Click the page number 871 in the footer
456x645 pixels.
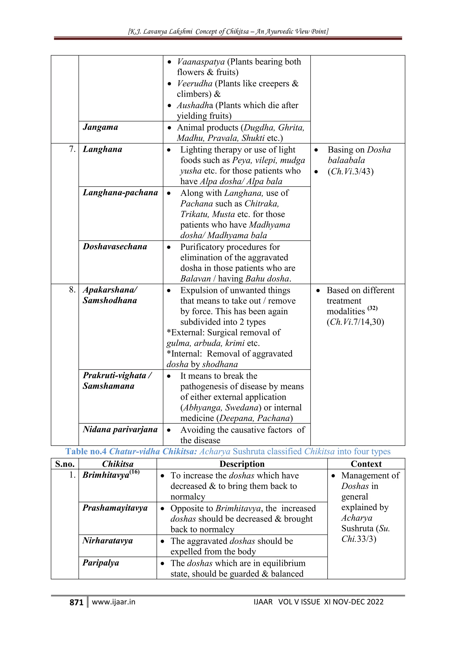[x=76, y=602]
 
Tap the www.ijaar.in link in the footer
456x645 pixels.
[x=113, y=602]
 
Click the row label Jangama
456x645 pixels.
[x=100, y=127]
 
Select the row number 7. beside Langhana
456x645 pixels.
[x=72, y=149]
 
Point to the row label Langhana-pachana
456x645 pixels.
[x=120, y=192]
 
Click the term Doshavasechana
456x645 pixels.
[x=115, y=246]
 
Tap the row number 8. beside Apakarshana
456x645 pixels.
[x=72, y=290]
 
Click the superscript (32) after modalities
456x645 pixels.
[x=372, y=308]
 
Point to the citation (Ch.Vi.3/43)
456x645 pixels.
[x=350, y=171]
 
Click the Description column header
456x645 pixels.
[x=242, y=464]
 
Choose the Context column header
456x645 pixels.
[x=366, y=464]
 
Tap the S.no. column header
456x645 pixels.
[x=65, y=464]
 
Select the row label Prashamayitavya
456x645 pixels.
[x=115, y=508]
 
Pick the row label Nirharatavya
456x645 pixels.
[x=108, y=541]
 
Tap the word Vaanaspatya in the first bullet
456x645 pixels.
[x=201, y=61]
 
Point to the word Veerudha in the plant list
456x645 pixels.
[x=195, y=84]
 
